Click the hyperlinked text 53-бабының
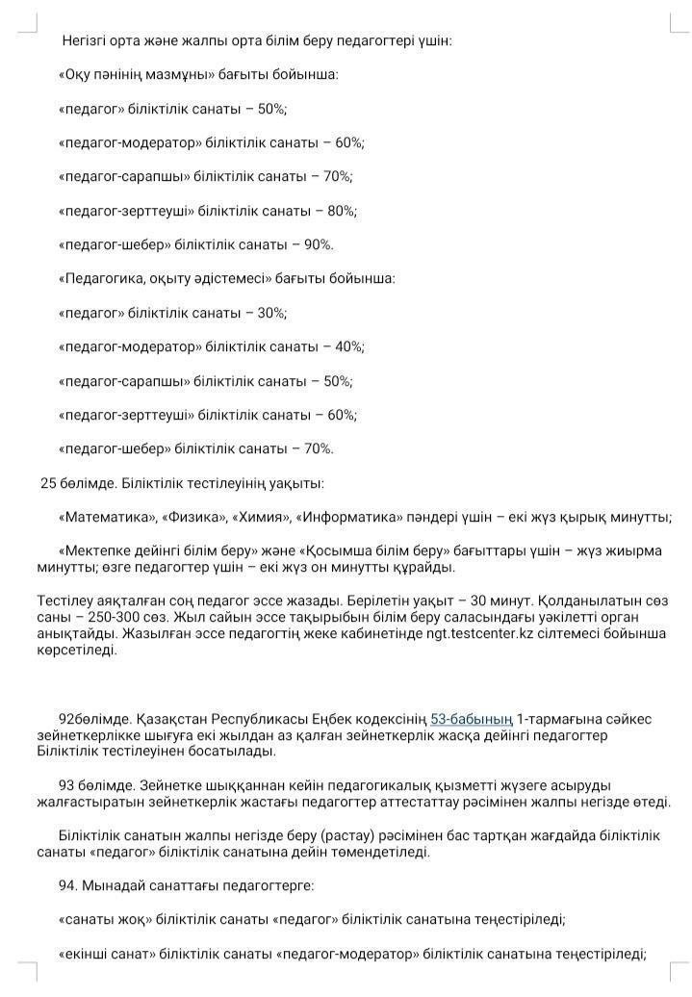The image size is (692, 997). click(x=471, y=719)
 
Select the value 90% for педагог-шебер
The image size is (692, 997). click(x=318, y=244)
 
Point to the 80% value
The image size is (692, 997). click(x=342, y=211)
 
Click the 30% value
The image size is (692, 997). click(x=271, y=313)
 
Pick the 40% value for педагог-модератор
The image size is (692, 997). click(x=349, y=346)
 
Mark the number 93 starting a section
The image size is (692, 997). click(x=66, y=785)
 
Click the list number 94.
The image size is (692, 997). click(x=68, y=885)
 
